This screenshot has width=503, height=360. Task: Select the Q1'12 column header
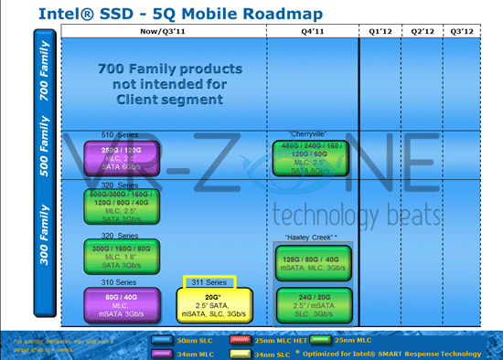380,33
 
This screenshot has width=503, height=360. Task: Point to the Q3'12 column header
466,33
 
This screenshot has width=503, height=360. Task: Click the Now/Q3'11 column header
164,33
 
